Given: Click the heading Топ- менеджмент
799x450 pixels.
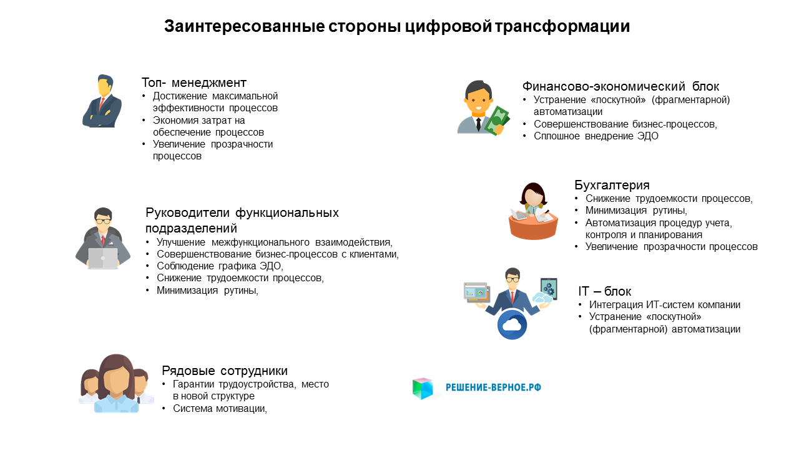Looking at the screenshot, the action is click(x=194, y=82).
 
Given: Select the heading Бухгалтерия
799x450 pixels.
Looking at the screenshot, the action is click(x=612, y=185).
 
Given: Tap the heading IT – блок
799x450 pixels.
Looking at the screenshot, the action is click(x=605, y=291).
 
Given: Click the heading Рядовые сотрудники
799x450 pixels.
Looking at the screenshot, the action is click(x=225, y=371).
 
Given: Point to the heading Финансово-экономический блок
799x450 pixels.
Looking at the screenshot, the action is click(x=620, y=86).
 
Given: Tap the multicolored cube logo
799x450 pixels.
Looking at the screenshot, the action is click(x=423, y=388).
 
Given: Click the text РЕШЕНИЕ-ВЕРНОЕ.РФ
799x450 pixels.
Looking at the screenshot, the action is click(x=493, y=387).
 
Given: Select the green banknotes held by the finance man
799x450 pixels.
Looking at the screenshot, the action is click(x=496, y=121).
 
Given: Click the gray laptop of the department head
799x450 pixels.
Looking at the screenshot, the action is click(x=103, y=258).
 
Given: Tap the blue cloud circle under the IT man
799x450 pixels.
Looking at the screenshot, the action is click(x=512, y=324).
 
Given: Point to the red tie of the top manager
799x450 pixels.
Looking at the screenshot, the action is click(x=102, y=103).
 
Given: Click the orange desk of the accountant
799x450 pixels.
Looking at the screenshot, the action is click(x=533, y=228).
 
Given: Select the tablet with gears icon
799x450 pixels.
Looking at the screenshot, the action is click(x=549, y=289).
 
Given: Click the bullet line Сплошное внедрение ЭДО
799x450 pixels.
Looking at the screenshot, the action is click(x=596, y=136).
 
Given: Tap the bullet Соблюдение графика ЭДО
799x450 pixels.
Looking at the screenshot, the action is click(x=220, y=266).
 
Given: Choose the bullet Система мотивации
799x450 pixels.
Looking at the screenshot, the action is click(x=220, y=408).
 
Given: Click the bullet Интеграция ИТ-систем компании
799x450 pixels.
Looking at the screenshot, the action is click(x=665, y=304).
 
